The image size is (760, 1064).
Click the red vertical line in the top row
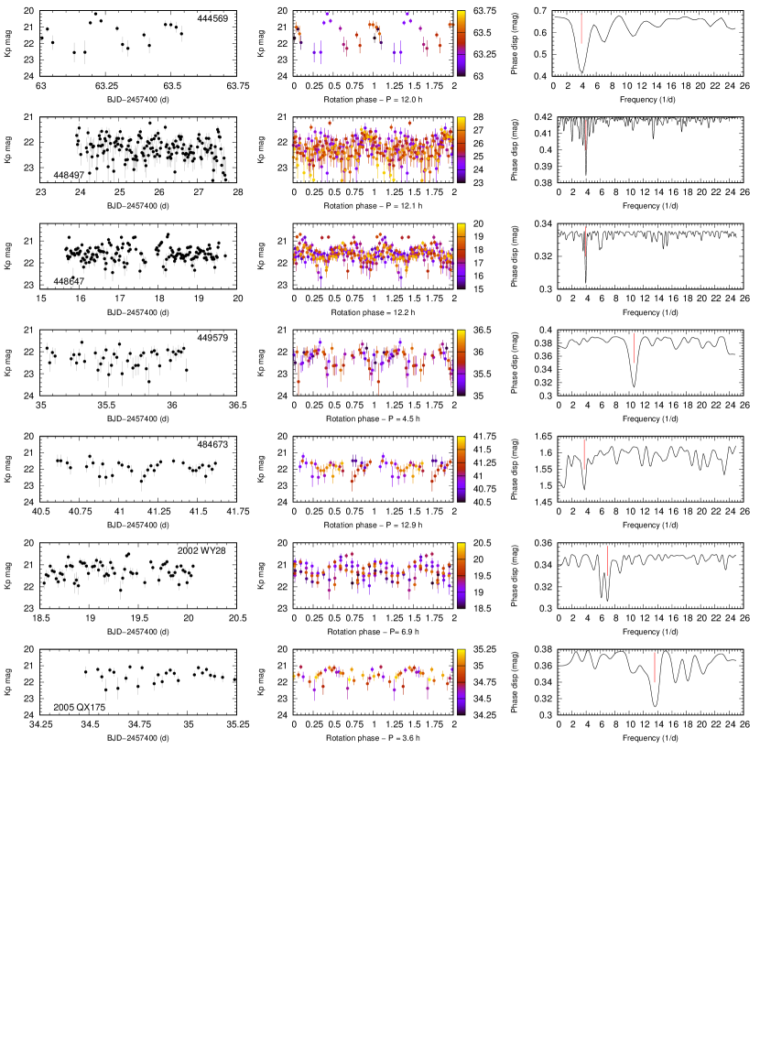581,29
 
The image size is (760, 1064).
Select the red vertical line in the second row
586,135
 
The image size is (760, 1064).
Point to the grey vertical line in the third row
586,242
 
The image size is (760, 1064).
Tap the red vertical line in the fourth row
634,348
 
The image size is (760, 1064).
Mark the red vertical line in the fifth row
584,454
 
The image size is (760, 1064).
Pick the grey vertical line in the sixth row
607,560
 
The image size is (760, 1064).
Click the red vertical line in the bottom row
655,668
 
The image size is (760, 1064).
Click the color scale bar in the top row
461,42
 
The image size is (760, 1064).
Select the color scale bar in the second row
461,148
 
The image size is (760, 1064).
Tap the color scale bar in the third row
461,255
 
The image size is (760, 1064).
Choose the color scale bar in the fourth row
461,362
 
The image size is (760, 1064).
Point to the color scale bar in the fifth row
461,468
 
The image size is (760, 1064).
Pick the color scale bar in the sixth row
461,575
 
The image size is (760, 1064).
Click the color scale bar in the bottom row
461,681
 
